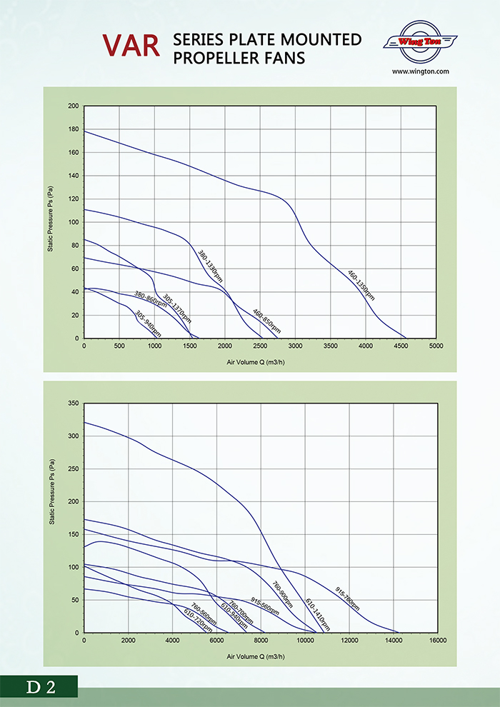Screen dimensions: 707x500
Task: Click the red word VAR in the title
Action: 131,44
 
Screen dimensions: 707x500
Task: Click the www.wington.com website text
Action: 420,71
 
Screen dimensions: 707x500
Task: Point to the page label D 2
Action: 41,687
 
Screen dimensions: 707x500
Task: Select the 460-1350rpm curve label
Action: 360,284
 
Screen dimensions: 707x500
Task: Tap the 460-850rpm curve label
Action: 266,321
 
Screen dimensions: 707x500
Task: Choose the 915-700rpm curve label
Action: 347,598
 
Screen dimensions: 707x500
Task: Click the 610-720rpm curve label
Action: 198,619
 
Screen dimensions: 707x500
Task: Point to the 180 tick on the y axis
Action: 74,129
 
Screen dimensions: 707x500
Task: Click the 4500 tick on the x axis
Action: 401,346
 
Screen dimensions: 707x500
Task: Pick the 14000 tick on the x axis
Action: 393,640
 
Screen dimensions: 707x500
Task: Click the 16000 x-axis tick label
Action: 436,640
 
